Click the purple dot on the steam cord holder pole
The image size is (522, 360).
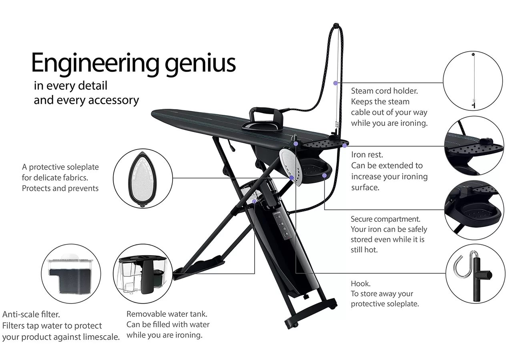[335, 83]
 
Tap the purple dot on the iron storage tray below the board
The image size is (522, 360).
[324, 175]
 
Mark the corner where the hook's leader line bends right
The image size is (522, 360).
[296, 273]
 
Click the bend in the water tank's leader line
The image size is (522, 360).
[255, 273]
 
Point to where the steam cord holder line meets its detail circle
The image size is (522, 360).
[443, 83]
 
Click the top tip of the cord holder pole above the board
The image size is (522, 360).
[336, 24]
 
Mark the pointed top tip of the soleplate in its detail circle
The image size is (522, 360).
[143, 152]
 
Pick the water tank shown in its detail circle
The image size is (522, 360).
[143, 274]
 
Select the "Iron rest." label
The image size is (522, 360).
[367, 155]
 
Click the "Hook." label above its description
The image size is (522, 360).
[361, 283]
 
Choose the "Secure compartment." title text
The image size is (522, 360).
[385, 219]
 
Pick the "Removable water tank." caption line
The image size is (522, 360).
[167, 314]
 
